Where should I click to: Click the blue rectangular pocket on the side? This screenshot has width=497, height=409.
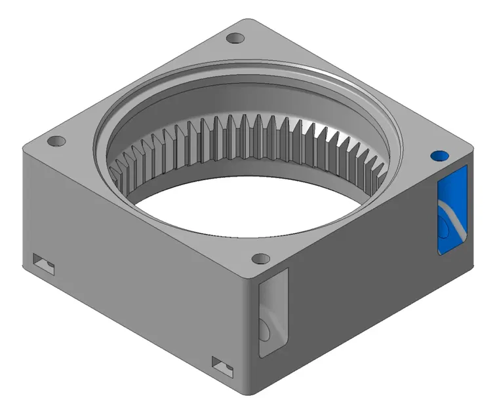pyautogui.click(x=452, y=208)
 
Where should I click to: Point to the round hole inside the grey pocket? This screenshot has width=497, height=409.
pyautogui.click(x=266, y=331)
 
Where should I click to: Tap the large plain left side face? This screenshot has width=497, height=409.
pyautogui.click(x=131, y=275)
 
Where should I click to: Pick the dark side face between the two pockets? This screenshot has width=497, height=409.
pyautogui.click(x=361, y=275)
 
